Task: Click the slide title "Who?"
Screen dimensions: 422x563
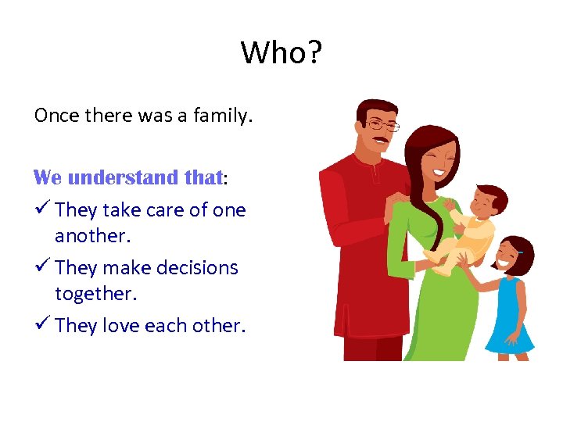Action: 281,53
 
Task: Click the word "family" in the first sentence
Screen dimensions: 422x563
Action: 223,116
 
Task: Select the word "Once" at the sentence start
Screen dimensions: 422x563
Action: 57,116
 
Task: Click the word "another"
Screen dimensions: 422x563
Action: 90,236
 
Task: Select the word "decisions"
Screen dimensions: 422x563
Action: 199,267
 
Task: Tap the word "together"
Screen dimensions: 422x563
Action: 93,294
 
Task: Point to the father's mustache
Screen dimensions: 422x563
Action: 380,141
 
